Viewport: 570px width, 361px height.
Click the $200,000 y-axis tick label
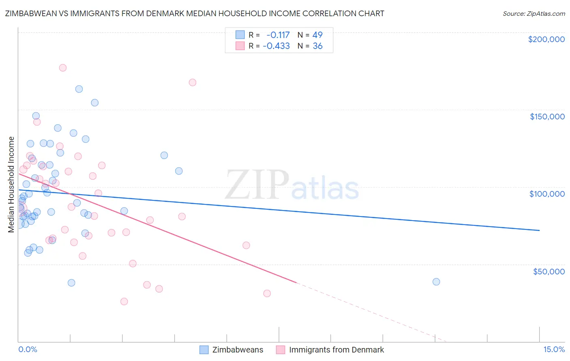pyautogui.click(x=546, y=39)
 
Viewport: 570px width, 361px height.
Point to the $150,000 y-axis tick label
pyautogui.click(x=547, y=117)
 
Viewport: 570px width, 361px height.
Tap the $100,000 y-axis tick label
pyautogui.click(x=547, y=194)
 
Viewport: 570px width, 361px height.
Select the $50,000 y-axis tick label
pyautogui.click(x=549, y=271)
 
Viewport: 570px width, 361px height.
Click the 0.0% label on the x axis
pyautogui.click(x=28, y=350)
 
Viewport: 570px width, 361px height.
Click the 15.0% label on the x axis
pyautogui.click(x=554, y=350)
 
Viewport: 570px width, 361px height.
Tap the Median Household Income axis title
pyautogui.click(x=11, y=185)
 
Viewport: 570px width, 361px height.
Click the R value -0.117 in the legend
pyautogui.click(x=278, y=35)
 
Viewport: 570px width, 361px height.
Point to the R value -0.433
pyautogui.click(x=276, y=46)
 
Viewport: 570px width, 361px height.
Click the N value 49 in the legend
pyautogui.click(x=317, y=35)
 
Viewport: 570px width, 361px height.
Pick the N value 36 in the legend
pyautogui.click(x=317, y=46)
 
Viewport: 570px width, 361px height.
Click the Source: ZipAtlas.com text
pyautogui.click(x=534, y=14)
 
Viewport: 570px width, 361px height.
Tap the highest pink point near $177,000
pyautogui.click(x=63, y=68)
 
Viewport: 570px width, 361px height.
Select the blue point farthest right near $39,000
pyautogui.click(x=436, y=282)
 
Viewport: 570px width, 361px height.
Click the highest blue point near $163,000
pyautogui.click(x=79, y=89)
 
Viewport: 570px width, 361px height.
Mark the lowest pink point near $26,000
pyautogui.click(x=124, y=302)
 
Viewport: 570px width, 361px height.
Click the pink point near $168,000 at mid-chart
pyautogui.click(x=193, y=83)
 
